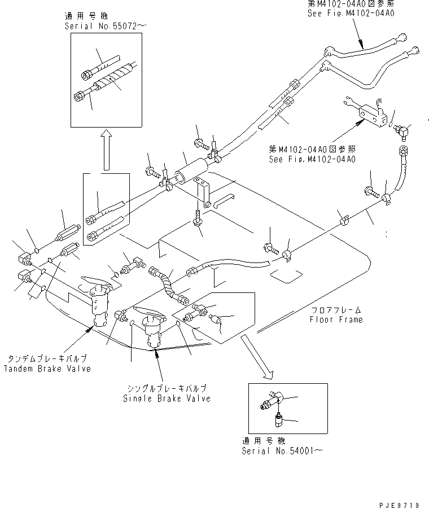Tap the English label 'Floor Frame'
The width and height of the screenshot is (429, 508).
(x=336, y=319)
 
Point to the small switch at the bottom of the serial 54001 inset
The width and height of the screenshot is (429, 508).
(x=279, y=421)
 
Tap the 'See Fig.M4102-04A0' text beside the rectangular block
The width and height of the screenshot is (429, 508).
(x=312, y=159)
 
